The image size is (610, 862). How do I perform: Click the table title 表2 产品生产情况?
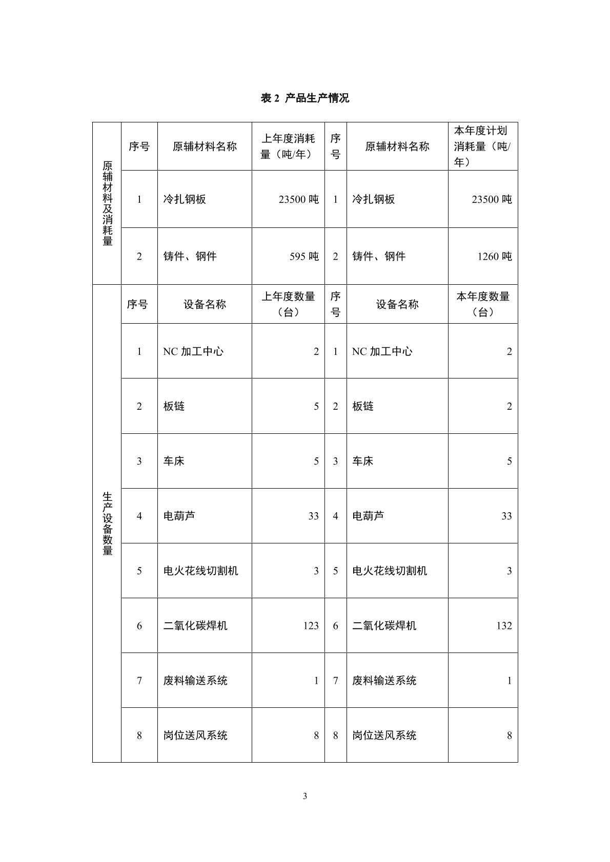pos(305,98)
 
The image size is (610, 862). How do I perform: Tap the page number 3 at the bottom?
pos(305,796)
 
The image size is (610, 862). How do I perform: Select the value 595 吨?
pos(304,256)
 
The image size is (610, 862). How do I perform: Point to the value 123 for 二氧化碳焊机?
pos(311,625)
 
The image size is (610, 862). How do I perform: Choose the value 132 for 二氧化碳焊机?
pos(504,625)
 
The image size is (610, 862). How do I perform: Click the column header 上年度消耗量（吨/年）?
pos(288,146)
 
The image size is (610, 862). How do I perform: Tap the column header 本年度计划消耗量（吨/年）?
pos(482,146)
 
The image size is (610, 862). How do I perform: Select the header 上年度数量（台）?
pos(288,304)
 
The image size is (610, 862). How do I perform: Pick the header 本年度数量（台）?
pos(482,304)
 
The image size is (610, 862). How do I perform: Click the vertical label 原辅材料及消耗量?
pos(107,203)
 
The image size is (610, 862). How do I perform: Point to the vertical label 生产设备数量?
pos(107,523)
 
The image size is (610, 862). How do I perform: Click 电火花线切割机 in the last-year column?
pos(200,571)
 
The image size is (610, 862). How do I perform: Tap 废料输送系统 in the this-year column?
pos(384,681)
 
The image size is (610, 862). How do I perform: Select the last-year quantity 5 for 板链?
pos(316,406)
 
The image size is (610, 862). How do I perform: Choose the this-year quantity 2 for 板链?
pos(509,406)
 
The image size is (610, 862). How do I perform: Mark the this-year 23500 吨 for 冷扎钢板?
pos(492,199)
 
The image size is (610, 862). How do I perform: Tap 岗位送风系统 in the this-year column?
pos(384,735)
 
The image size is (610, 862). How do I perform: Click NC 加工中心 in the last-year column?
pos(193,351)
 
